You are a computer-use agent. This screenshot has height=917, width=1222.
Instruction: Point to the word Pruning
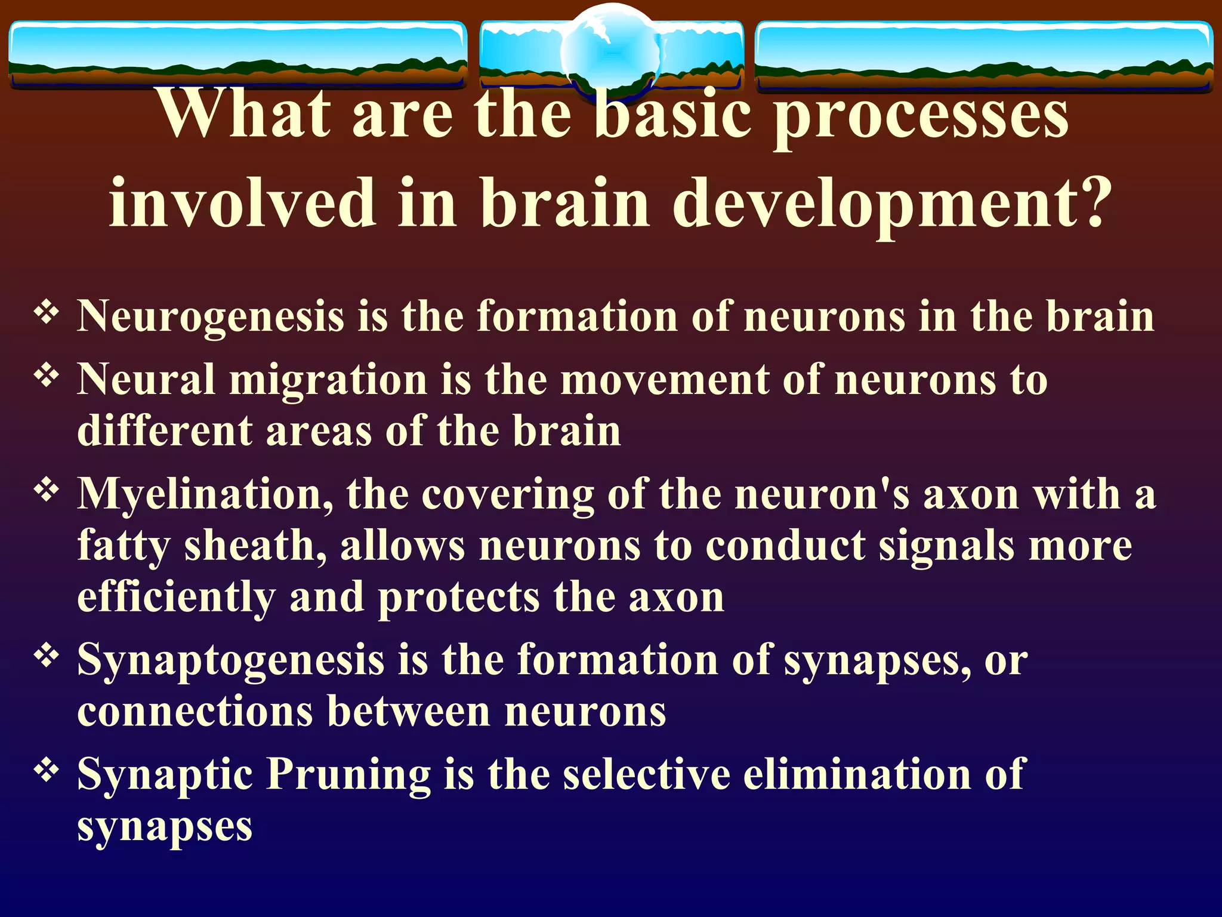click(348, 775)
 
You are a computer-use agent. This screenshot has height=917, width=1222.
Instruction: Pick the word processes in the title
click(921, 116)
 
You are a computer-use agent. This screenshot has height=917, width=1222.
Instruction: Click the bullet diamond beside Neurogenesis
click(47, 311)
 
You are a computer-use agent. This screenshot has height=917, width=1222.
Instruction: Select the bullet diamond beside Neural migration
click(47, 376)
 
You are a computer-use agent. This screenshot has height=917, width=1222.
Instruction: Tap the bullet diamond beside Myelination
click(47, 490)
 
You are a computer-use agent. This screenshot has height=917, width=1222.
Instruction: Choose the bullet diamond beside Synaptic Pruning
click(47, 770)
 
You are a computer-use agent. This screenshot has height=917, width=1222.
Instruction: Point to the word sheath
click(255, 546)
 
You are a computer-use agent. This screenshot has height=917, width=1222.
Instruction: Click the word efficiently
click(177, 598)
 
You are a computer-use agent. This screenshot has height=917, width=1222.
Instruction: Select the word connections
click(195, 712)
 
